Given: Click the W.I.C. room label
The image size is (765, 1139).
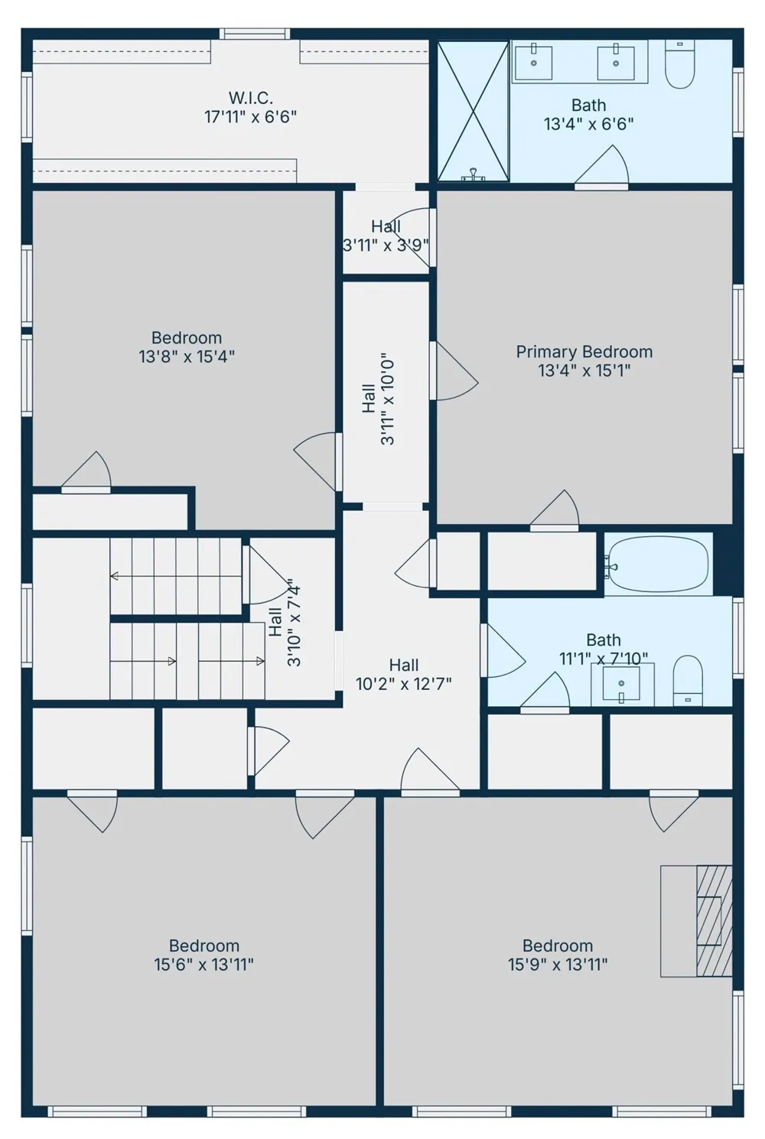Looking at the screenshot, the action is click(x=250, y=97).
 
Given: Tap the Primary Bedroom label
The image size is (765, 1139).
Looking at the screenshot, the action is click(x=584, y=352).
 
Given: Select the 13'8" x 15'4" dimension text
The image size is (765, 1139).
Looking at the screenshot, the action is click(x=187, y=356).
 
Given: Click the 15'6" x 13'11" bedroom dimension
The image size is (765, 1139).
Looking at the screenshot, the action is click(x=204, y=965).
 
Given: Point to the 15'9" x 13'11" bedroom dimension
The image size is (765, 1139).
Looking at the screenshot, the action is click(x=558, y=965).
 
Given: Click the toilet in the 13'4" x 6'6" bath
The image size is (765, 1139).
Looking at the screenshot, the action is click(x=680, y=64).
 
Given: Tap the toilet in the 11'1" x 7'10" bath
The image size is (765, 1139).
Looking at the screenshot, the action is click(x=688, y=680).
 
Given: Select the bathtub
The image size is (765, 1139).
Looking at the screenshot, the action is click(x=658, y=564).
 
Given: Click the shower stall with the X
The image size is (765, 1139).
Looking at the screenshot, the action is click(x=473, y=112).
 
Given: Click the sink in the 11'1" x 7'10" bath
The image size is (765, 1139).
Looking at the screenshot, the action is click(x=621, y=683).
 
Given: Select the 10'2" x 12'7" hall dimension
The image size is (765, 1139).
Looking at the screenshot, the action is click(x=403, y=685).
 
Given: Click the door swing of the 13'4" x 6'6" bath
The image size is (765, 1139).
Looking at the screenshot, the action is click(x=602, y=164).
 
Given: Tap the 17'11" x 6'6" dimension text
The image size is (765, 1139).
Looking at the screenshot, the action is click(x=250, y=118).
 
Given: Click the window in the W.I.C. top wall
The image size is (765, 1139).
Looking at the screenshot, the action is click(x=255, y=34).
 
